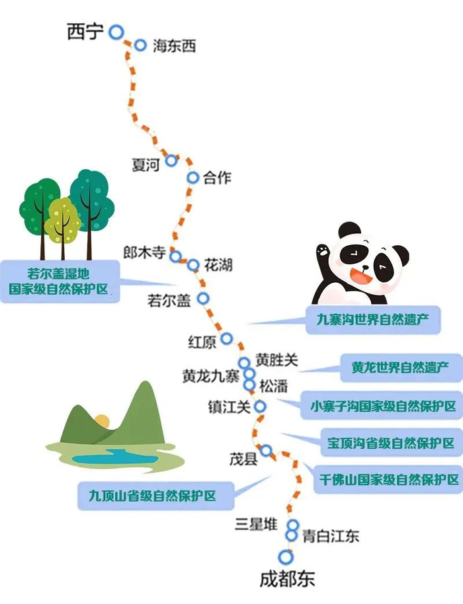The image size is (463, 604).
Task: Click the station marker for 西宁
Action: coord(116,31)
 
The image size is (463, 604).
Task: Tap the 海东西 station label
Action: coord(174,46)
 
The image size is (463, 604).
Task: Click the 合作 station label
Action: coord(218,178)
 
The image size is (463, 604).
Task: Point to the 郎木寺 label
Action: coord(146,252)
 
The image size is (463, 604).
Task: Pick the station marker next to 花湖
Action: coord(193,265)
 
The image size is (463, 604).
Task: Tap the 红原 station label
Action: coord(202,342)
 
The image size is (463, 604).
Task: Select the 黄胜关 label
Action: coord(277,360)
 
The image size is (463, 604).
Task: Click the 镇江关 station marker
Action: coord(260,406)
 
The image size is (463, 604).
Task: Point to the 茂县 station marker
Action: coord(266,451)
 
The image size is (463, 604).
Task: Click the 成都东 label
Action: coord(287,580)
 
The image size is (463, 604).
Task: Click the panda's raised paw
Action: coord(323,252)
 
